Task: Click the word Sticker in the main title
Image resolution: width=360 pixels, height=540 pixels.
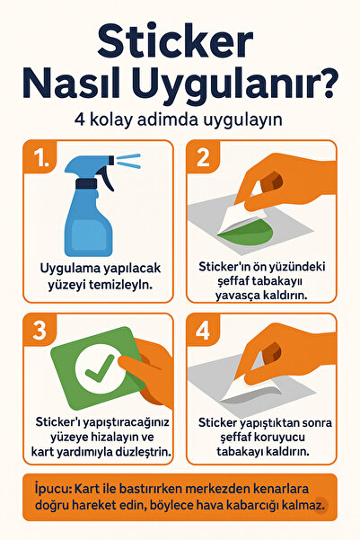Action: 176,42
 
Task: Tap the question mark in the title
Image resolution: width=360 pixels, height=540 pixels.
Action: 325,84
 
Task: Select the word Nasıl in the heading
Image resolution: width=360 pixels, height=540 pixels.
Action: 72,84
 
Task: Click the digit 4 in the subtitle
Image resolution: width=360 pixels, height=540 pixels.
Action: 80,120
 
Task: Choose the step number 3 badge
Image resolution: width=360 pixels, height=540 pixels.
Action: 40,331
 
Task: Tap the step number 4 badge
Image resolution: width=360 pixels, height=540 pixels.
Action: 203,331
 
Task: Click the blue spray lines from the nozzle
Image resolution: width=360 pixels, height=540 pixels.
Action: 128,161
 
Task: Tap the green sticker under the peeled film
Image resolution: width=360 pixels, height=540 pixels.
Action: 247,232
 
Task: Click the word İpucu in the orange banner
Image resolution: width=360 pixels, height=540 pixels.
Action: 53,489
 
